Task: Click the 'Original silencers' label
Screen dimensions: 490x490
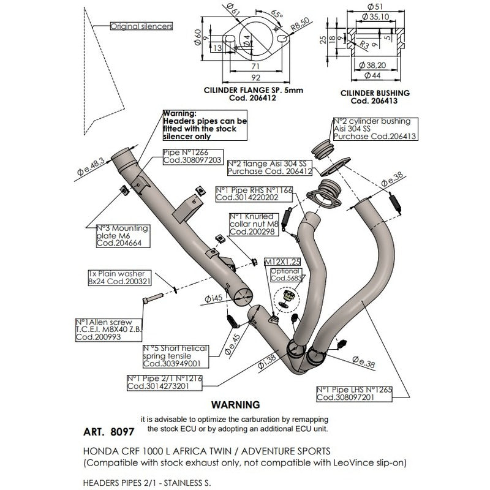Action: tap(141, 26)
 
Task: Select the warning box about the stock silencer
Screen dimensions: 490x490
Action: tap(205, 126)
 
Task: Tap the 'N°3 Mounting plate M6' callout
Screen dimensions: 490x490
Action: tap(123, 236)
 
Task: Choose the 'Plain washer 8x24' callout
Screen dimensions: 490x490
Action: tap(113, 279)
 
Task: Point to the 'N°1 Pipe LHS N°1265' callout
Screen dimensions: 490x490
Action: tap(354, 393)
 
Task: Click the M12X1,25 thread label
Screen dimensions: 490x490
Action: tap(283, 262)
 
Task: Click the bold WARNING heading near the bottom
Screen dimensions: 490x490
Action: tap(235, 405)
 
